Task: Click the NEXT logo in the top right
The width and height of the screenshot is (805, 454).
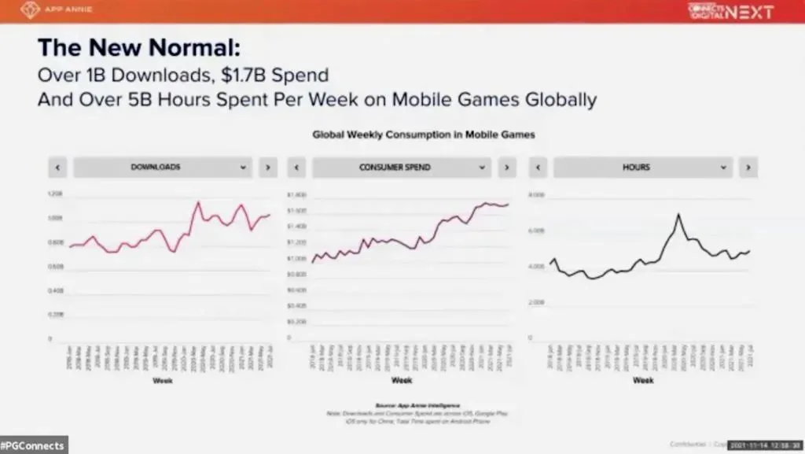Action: pyautogui.click(x=730, y=11)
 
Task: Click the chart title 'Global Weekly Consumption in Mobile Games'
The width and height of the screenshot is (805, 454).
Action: pyautogui.click(x=424, y=135)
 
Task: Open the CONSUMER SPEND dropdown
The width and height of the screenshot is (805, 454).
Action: pyautogui.click(x=402, y=167)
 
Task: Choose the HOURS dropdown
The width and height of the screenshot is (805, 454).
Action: pyautogui.click(x=643, y=167)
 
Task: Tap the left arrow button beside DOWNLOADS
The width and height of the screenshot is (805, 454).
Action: pyautogui.click(x=57, y=167)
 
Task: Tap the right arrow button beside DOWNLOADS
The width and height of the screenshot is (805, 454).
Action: pyautogui.click(x=267, y=167)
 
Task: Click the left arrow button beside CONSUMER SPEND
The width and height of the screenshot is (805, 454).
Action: pyautogui.click(x=296, y=167)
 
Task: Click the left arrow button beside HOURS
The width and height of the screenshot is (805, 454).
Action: pyautogui.click(x=539, y=167)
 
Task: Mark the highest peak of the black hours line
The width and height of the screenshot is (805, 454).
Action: pyautogui.click(x=678, y=214)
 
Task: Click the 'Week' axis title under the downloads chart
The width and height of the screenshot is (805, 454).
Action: pyautogui.click(x=162, y=380)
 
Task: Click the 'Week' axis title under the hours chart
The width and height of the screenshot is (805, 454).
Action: pyautogui.click(x=642, y=380)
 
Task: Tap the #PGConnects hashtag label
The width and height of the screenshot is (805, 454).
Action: pyautogui.click(x=33, y=445)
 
